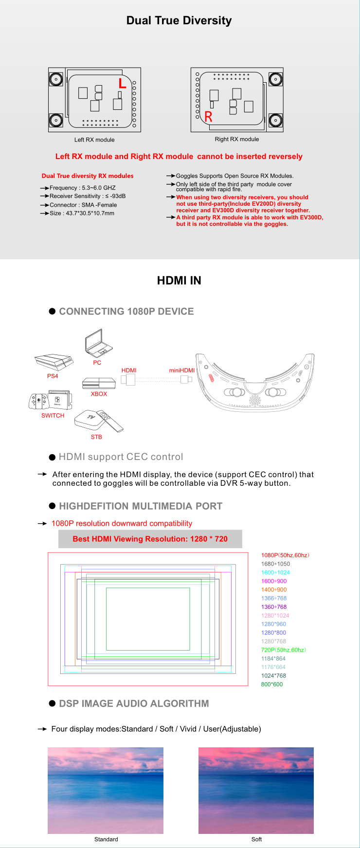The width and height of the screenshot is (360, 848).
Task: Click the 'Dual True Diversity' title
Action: [x=179, y=20]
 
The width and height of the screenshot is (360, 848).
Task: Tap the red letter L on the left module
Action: [x=122, y=83]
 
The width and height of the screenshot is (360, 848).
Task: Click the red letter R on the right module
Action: [x=208, y=117]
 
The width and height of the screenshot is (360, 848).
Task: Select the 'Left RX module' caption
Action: [x=94, y=140]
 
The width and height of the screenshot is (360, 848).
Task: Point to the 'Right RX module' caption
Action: [x=237, y=139]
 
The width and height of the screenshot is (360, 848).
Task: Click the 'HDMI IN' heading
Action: [x=179, y=281]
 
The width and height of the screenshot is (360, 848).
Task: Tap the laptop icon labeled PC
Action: [x=99, y=343]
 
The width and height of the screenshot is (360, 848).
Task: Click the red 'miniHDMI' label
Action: [x=181, y=371]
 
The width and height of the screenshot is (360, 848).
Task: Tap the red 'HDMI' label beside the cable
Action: [x=129, y=371]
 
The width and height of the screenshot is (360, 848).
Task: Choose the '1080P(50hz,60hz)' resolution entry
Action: [x=285, y=555]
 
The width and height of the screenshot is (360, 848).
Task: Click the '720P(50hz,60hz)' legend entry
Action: [x=283, y=650]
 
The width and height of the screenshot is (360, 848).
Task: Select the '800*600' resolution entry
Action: [x=272, y=684]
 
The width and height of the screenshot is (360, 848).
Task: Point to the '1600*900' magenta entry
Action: [x=274, y=581]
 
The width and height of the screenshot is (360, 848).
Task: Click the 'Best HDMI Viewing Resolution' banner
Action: [x=150, y=539]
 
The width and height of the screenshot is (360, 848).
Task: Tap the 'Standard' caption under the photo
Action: [x=106, y=839]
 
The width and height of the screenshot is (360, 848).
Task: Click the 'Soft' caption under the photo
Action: [x=256, y=839]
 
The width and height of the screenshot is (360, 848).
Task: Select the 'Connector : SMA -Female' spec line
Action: [x=83, y=205]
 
